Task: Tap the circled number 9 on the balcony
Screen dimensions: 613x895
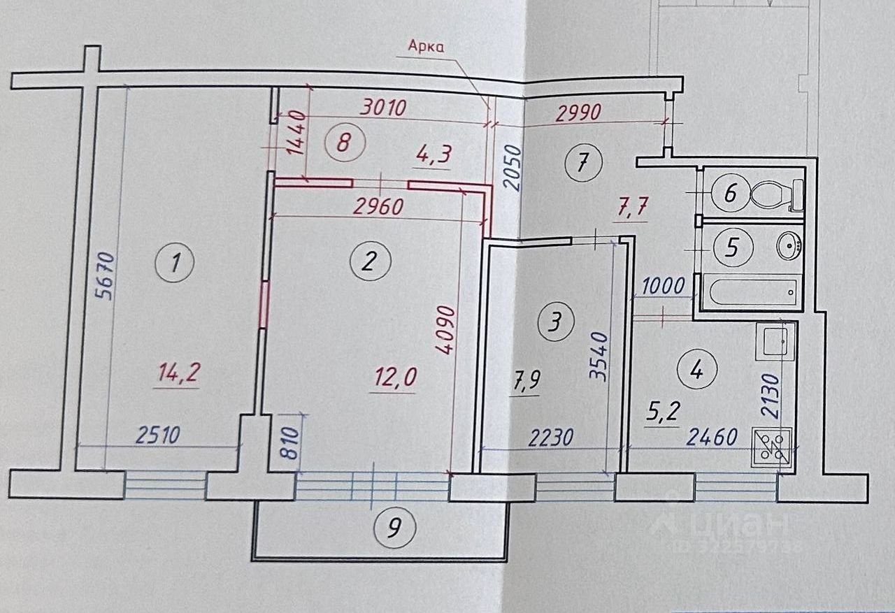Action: [x=395, y=528]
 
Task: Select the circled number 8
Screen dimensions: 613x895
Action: [x=342, y=143]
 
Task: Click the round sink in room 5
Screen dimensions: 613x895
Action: [x=790, y=246]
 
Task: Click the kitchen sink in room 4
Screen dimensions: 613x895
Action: [x=775, y=342]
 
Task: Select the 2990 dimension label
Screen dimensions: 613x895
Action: [x=578, y=111]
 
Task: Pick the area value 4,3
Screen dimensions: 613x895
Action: [x=434, y=156]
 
